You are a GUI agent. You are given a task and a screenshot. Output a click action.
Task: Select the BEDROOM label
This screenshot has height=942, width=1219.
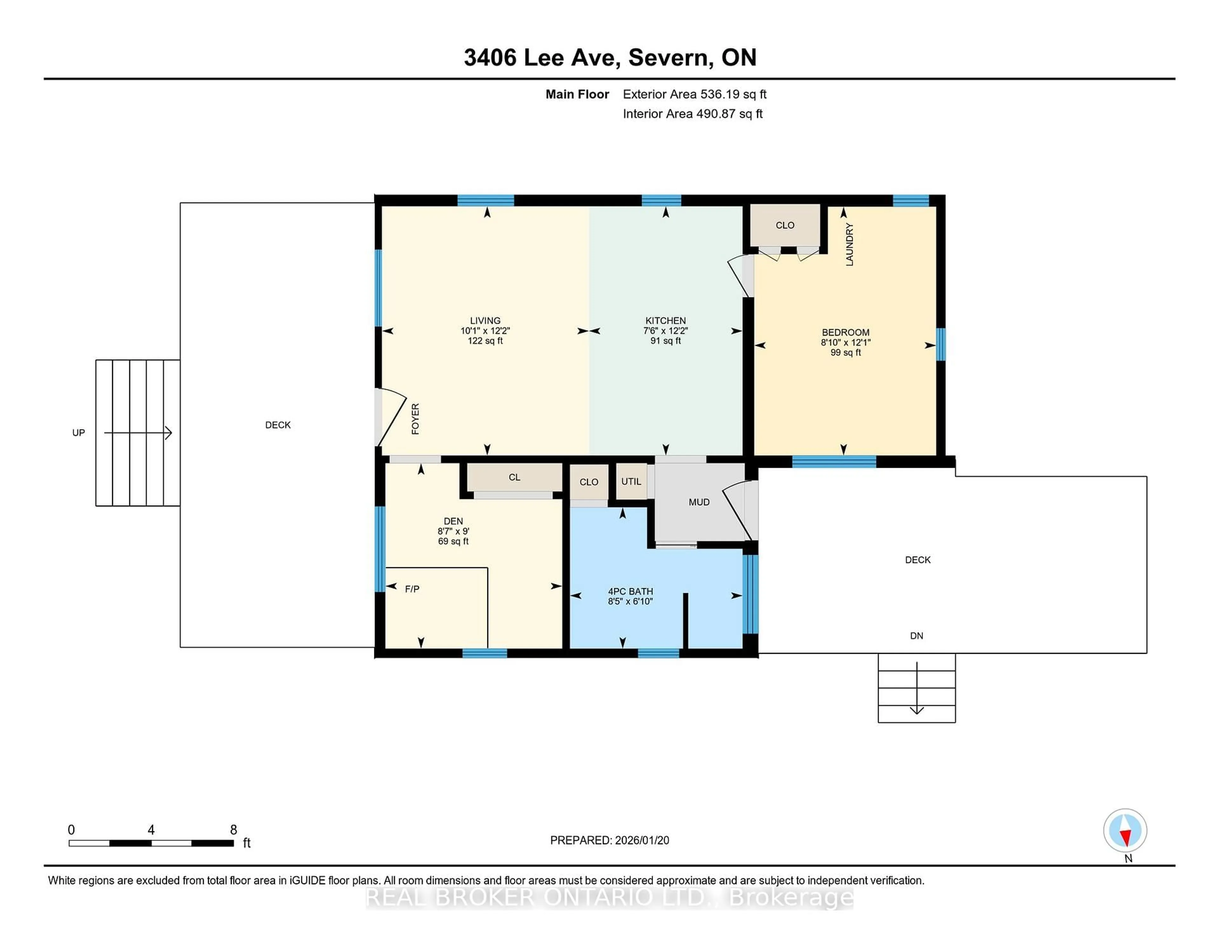pyautogui.click(x=845, y=332)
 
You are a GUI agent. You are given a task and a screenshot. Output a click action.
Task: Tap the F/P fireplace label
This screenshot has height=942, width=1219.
pyautogui.click(x=412, y=589)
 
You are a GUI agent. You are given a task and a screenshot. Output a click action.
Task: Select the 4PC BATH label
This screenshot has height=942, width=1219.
pyautogui.click(x=630, y=591)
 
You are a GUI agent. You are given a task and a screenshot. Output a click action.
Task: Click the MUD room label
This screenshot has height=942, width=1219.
pyautogui.click(x=699, y=502)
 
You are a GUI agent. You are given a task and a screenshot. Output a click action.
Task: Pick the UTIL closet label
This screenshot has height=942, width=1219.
pyautogui.click(x=631, y=481)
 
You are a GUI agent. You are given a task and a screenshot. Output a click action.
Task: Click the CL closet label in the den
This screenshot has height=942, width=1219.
pyautogui.click(x=514, y=477)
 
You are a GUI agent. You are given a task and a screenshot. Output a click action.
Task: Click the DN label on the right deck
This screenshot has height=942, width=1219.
pyautogui.click(x=916, y=636)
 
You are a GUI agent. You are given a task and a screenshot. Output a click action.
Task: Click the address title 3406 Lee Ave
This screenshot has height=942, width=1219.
pyautogui.click(x=541, y=57)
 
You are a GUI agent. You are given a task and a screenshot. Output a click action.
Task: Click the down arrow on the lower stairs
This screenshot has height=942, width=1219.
pyautogui.click(x=916, y=710)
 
